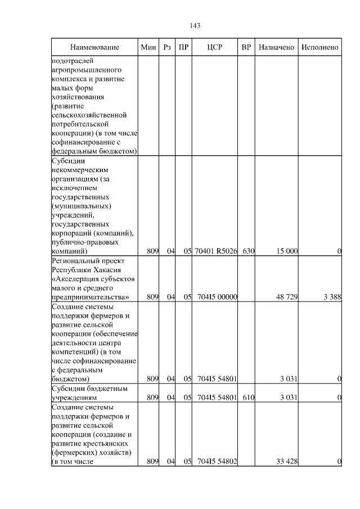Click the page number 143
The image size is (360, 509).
(196, 25)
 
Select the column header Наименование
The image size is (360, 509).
(95, 47)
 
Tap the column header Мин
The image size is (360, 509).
(148, 47)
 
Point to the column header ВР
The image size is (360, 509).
(246, 47)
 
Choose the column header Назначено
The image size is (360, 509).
(276, 47)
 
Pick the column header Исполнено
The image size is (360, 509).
(319, 47)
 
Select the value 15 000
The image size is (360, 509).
(286, 251)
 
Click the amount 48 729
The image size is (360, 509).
(286, 297)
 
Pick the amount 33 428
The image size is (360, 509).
(286, 462)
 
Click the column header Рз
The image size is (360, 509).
(167, 47)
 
